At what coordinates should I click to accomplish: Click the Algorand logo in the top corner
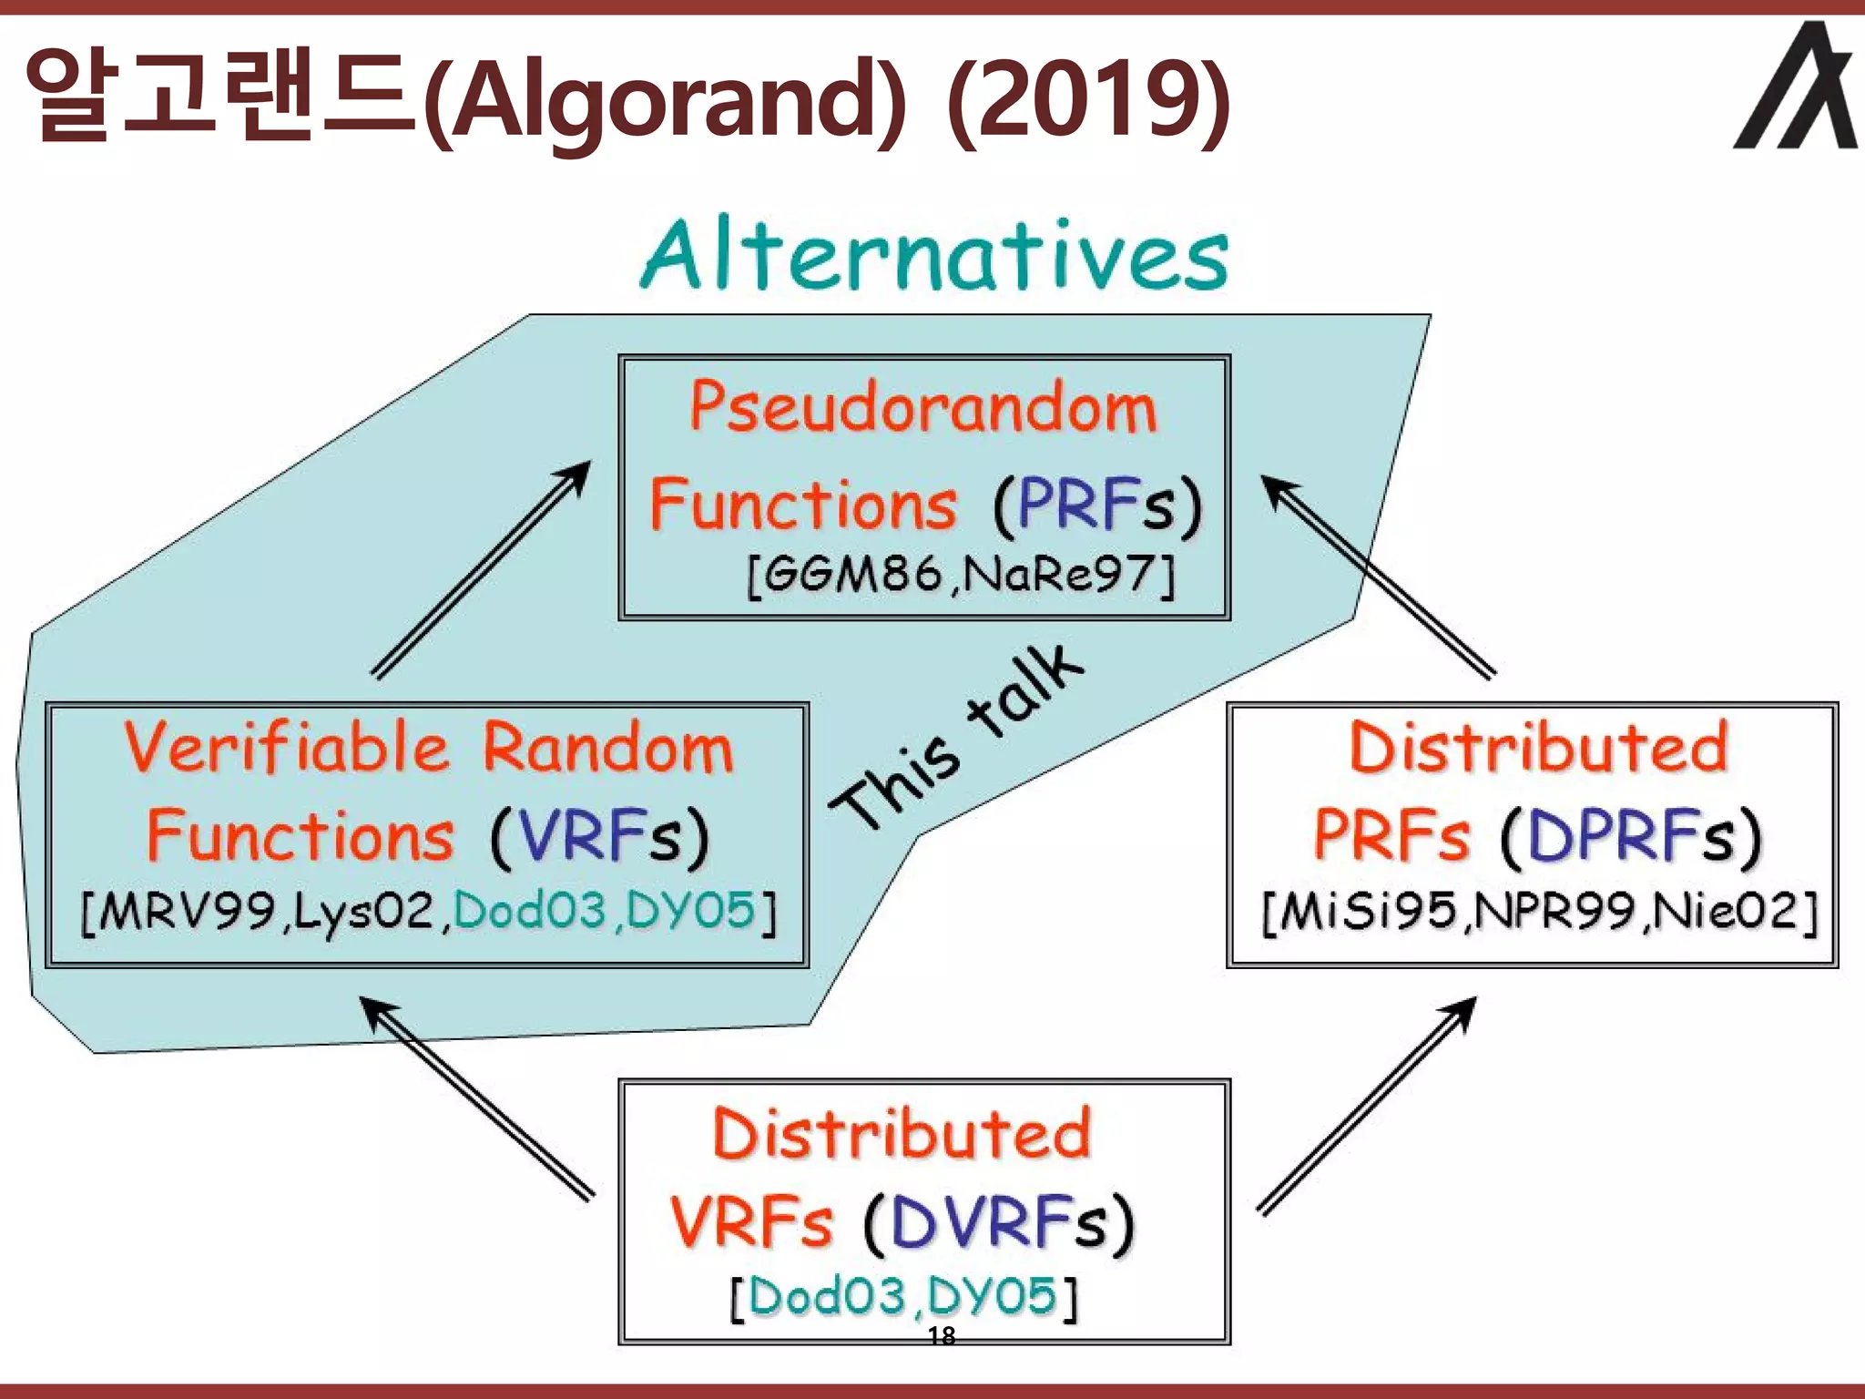(x=1795, y=87)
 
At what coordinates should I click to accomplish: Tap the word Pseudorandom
(x=922, y=407)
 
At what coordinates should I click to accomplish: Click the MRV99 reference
(x=178, y=911)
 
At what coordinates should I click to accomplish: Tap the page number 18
(x=941, y=1336)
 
